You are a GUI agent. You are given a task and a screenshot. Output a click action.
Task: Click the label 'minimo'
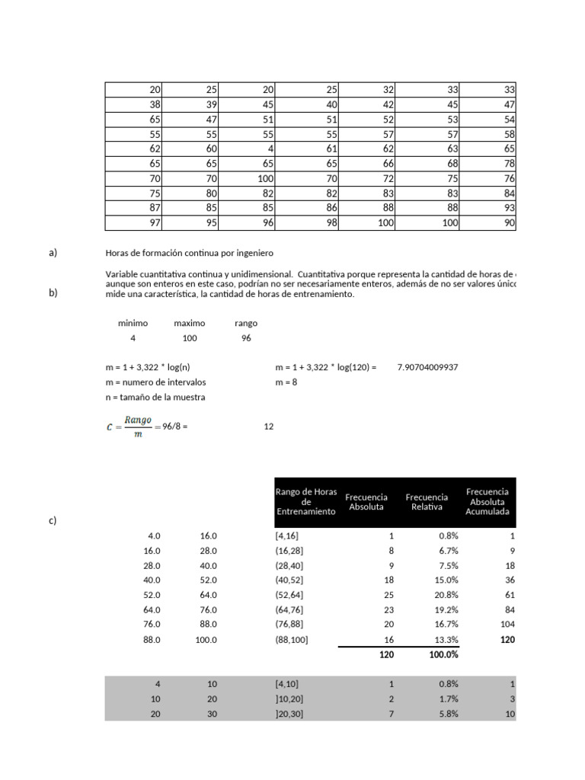click(x=133, y=323)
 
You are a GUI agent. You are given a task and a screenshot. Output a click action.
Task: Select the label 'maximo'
click(x=190, y=323)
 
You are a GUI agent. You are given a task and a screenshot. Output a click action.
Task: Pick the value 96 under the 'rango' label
click(x=246, y=338)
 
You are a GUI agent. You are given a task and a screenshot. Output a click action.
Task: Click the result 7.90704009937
click(x=427, y=367)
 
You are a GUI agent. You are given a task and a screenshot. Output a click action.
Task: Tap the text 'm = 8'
click(x=286, y=382)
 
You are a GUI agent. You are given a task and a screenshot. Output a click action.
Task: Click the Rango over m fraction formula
click(x=129, y=427)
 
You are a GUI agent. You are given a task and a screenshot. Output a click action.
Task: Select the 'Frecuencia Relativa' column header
click(x=427, y=502)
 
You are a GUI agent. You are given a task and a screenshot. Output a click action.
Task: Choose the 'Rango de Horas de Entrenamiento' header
click(x=305, y=502)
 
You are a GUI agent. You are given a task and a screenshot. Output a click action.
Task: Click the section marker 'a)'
click(x=53, y=253)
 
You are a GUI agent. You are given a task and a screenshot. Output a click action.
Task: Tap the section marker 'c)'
click(x=53, y=521)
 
